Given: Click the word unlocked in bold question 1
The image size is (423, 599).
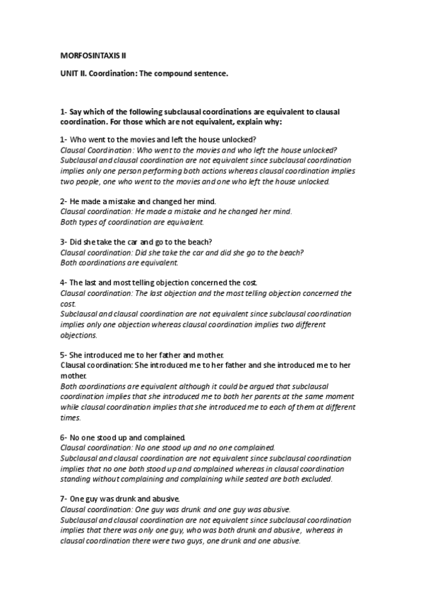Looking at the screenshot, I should [x=238, y=139].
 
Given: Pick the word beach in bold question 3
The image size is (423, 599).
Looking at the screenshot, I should [x=212, y=242].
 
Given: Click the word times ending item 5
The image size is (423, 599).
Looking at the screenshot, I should [x=71, y=418].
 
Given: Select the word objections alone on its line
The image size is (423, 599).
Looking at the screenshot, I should [x=78, y=336].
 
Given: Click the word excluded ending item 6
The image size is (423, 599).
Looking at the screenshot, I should [x=312, y=480].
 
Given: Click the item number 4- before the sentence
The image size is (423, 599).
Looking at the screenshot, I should [x=64, y=282].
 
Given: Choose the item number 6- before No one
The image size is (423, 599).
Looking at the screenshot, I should [x=64, y=438].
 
